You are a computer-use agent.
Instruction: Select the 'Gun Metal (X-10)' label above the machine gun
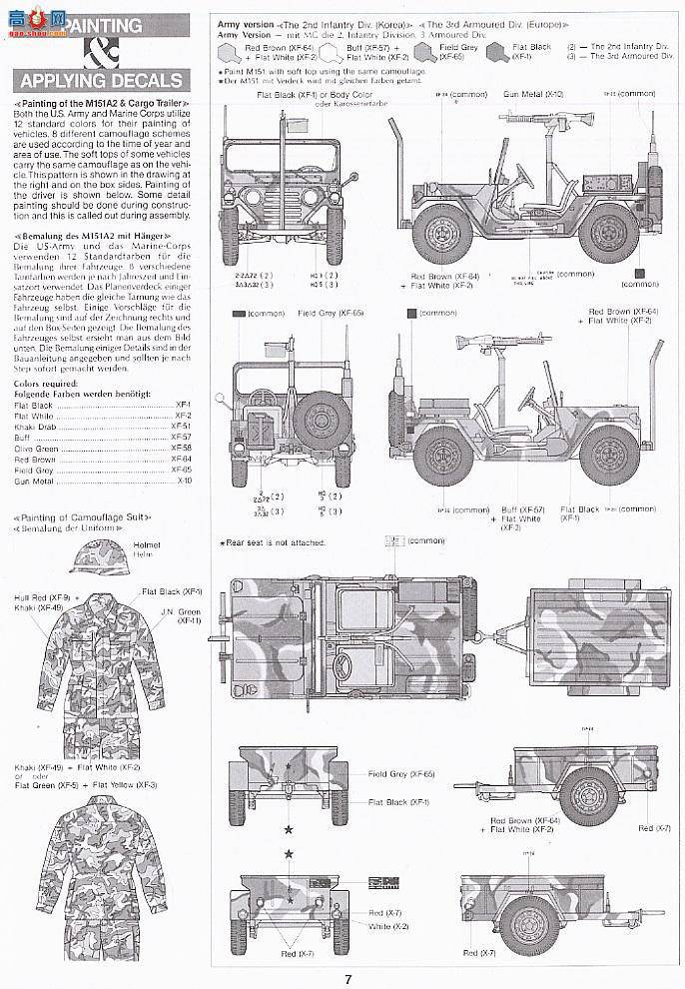pyautogui.click(x=540, y=93)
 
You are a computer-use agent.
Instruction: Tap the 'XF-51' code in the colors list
pyautogui.click(x=182, y=427)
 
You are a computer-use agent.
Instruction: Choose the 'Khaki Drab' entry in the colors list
pyautogui.click(x=35, y=427)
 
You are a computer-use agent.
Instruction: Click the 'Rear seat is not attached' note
pyautogui.click(x=273, y=542)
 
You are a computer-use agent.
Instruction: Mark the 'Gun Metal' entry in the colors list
pyautogui.click(x=34, y=480)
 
